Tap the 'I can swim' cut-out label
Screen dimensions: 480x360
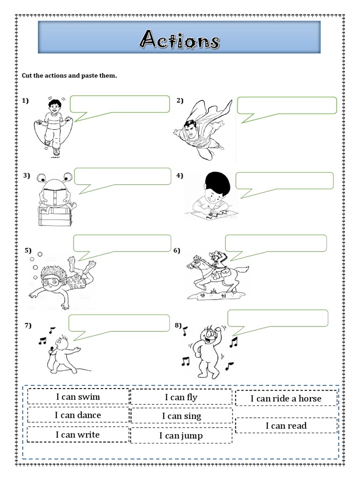(78, 397)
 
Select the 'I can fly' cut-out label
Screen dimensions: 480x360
(181, 397)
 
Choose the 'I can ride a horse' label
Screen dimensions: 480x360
(286, 398)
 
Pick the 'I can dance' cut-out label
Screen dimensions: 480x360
(78, 415)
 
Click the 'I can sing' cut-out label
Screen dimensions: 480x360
(181, 416)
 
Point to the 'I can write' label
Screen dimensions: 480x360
(78, 435)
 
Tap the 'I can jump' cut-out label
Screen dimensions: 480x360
(181, 436)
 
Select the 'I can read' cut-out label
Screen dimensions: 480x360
(286, 426)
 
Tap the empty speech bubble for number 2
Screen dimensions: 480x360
(287, 105)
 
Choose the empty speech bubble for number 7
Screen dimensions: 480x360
(119, 323)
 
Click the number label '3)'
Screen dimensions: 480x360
(26, 176)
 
